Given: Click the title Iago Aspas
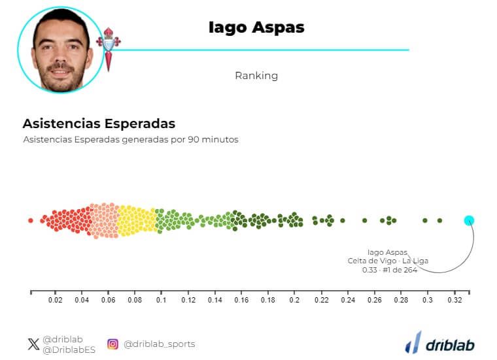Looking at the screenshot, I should (x=256, y=27).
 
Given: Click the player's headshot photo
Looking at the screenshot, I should (x=60, y=50).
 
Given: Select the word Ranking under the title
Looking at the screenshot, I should (x=256, y=76).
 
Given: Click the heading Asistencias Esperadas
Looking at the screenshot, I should (x=99, y=123).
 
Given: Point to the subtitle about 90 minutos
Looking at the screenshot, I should (x=131, y=140).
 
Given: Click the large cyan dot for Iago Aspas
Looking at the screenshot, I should (x=469, y=220).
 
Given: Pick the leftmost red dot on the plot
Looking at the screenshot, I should (x=31, y=221).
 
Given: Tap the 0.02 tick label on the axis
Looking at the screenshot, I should (x=56, y=301).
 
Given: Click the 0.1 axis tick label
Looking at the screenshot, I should (x=162, y=301).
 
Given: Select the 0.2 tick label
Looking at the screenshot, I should (x=294, y=301).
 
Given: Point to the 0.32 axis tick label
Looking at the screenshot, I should (x=454, y=301).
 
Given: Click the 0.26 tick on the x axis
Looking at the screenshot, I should (x=374, y=301).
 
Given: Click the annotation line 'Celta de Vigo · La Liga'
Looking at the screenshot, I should (x=388, y=261).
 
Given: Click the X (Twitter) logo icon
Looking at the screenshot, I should (x=33, y=344).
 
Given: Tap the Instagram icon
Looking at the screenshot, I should (x=112, y=344).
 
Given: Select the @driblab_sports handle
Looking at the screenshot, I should (x=159, y=344).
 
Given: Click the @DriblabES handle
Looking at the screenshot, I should (x=69, y=350).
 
